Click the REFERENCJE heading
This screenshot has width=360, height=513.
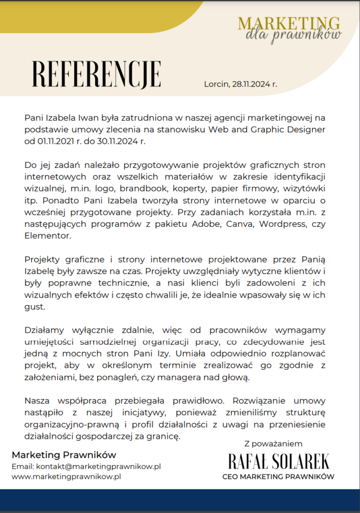pyautogui.click(x=97, y=75)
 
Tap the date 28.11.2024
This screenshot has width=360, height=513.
pyautogui.click(x=251, y=84)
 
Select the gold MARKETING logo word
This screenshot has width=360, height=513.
pyautogui.click(x=289, y=23)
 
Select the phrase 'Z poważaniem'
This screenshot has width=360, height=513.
pyautogui.click(x=273, y=443)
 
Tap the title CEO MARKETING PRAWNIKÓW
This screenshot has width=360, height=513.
pyautogui.click(x=278, y=476)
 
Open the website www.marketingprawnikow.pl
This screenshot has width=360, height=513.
pyautogui.click(x=66, y=477)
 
